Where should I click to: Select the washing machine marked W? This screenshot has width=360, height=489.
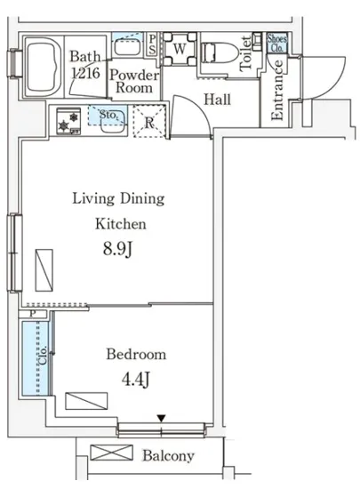pyautogui.click(x=180, y=49)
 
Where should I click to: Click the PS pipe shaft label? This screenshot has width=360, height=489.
pyautogui.click(x=152, y=44)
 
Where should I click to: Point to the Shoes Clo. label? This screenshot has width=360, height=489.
pyautogui.click(x=276, y=43)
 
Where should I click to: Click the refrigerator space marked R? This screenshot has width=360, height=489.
pyautogui.click(x=149, y=122)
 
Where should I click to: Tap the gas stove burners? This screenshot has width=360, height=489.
pyautogui.click(x=68, y=121)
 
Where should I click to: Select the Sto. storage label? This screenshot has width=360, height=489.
pyautogui.click(x=108, y=115)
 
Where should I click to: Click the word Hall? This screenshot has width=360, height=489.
pyautogui.click(x=217, y=100)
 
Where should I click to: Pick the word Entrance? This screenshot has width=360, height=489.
pyautogui.click(x=276, y=90)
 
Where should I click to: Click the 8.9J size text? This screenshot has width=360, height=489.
pyautogui.click(x=118, y=249)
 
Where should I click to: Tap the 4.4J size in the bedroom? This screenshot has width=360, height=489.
pyautogui.click(x=136, y=380)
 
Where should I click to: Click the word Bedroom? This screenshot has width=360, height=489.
pyautogui.click(x=136, y=354)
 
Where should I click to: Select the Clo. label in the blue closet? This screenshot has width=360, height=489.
pyautogui.click(x=43, y=355)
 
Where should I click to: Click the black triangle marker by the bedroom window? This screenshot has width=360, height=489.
pyautogui.click(x=161, y=418)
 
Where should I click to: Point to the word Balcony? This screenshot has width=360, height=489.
pyautogui.click(x=168, y=455)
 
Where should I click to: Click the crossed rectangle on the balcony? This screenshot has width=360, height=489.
pyautogui.click(x=112, y=453)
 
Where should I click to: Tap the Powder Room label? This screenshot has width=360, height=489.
pyautogui.click(x=134, y=81)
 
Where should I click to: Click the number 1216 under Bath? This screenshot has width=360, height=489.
pyautogui.click(x=85, y=73)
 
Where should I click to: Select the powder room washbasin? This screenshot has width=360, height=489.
pyautogui.click(x=127, y=47)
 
